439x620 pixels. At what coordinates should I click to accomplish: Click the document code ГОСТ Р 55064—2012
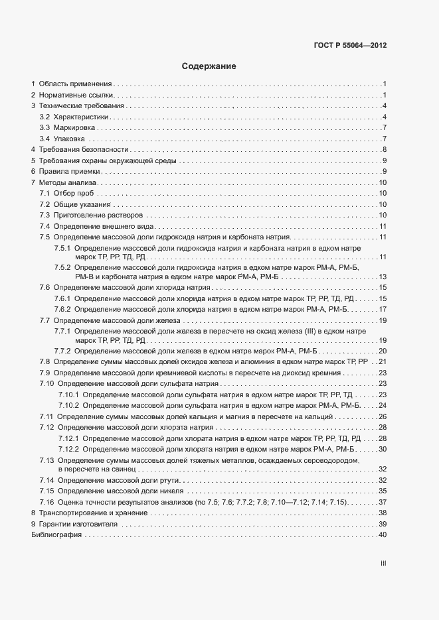click(349, 46)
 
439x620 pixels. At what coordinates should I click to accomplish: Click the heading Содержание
click(209, 67)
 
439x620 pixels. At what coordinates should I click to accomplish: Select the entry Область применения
click(75, 84)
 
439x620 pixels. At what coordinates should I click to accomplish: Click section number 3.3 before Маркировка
click(45, 127)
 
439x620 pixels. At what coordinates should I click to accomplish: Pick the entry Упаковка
click(69, 139)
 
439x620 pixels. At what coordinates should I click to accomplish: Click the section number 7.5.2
click(62, 267)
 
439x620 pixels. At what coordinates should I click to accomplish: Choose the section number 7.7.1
click(62, 330)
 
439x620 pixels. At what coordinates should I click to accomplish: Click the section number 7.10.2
click(68, 404)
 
